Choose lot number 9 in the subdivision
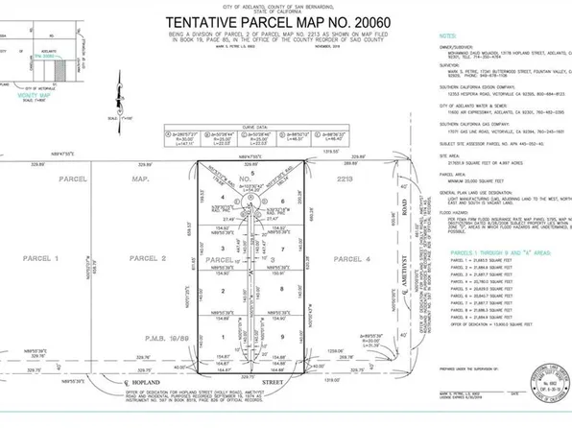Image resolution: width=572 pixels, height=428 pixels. (281, 337)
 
